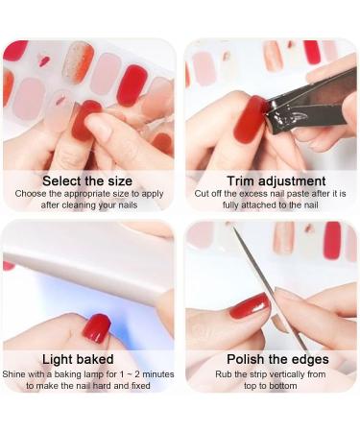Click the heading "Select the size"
coord(88,180)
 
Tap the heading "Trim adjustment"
coord(270,180)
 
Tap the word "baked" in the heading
coord(95,359)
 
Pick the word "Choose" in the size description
coord(32,193)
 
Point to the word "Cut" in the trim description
coord(204,193)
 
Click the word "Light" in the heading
coord(60,359)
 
